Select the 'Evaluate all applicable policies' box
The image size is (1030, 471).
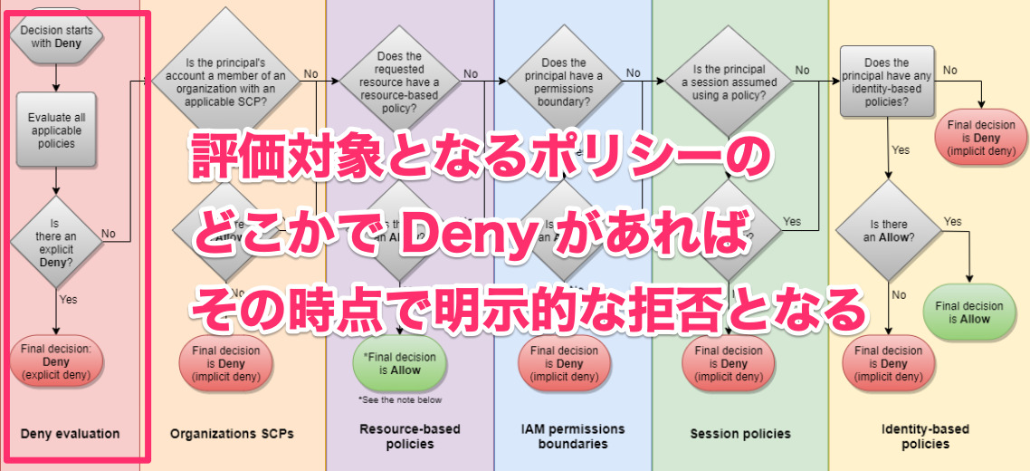pyautogui.click(x=56, y=130)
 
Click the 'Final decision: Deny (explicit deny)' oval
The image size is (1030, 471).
pyautogui.click(x=56, y=360)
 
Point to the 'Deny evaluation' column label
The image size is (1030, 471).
pyautogui.click(x=70, y=434)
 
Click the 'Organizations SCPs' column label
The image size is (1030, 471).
pyautogui.click(x=232, y=434)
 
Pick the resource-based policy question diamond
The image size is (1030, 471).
pyautogui.click(x=400, y=82)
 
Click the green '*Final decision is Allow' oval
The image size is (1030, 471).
pyautogui.click(x=400, y=364)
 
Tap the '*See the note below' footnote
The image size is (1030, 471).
pyautogui.click(x=400, y=399)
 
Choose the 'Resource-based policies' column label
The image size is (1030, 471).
pyautogui.click(x=409, y=436)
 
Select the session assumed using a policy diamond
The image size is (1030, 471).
pyautogui.click(x=730, y=82)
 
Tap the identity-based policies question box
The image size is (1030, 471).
pyautogui.click(x=887, y=82)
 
